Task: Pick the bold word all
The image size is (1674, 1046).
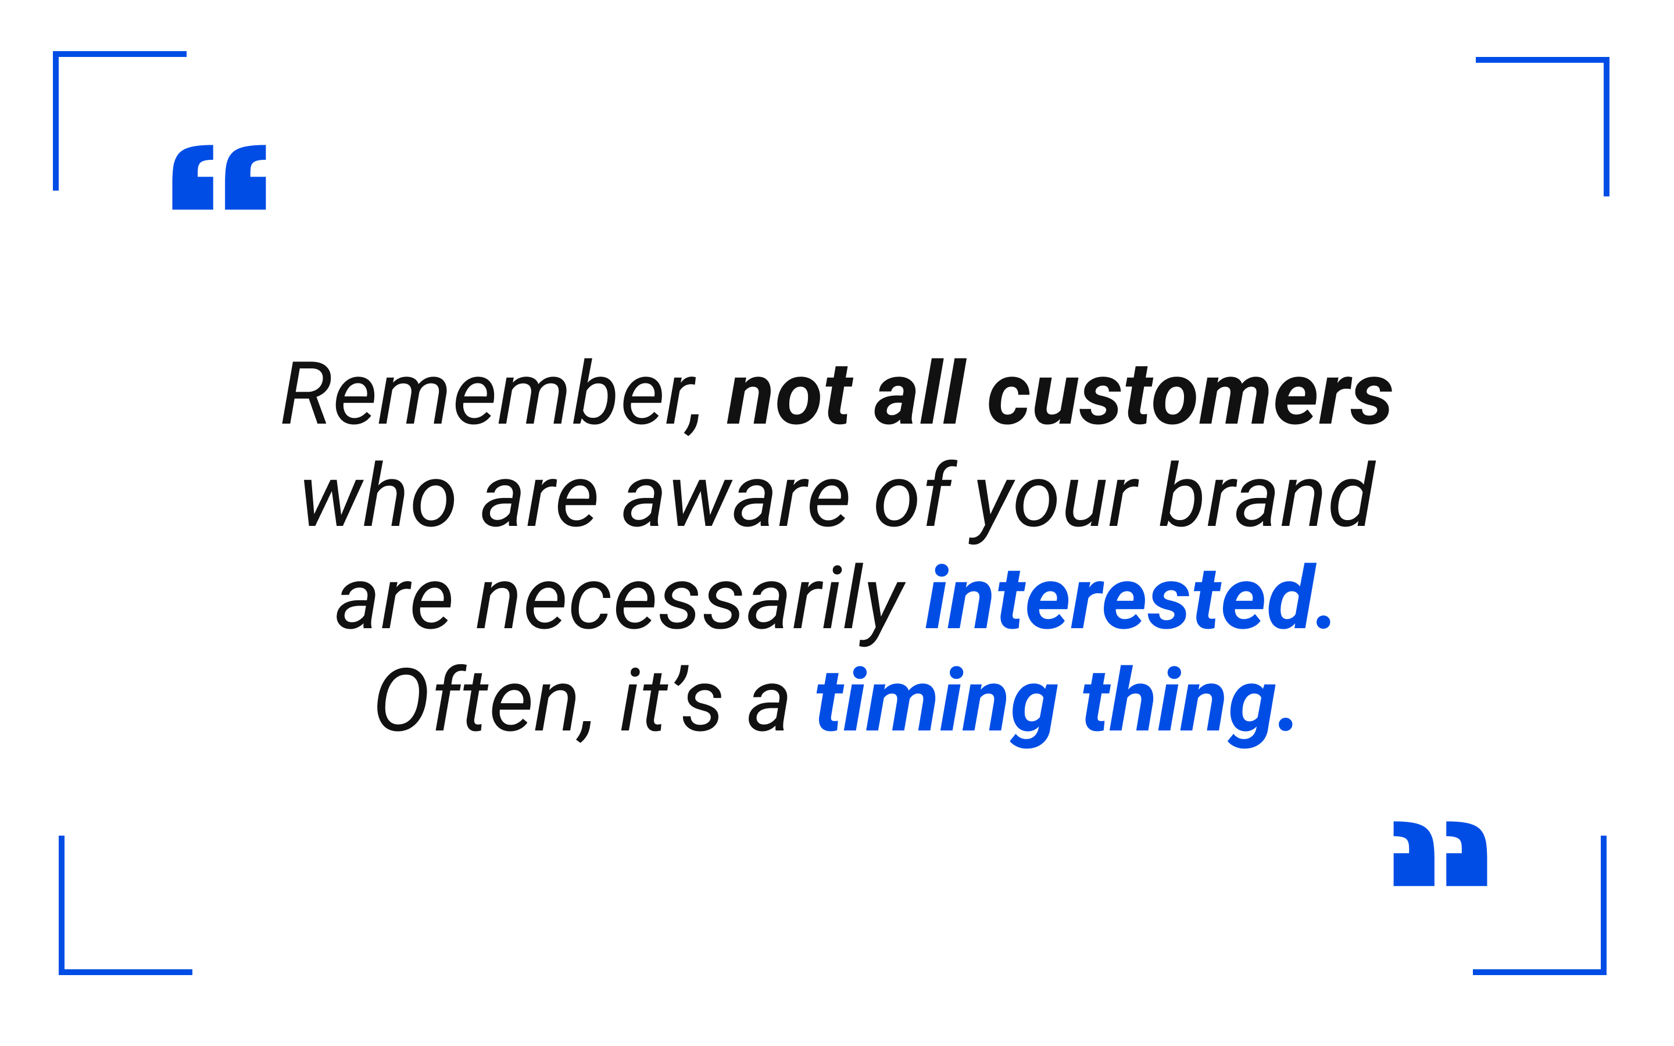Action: pos(920,391)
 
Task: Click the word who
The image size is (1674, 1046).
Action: pos(378,493)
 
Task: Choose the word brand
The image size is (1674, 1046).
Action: pos(1267,493)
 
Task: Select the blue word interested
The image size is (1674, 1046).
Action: pos(1128,596)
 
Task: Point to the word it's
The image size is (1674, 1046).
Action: pos(671,698)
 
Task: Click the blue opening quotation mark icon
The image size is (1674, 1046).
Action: pos(219,177)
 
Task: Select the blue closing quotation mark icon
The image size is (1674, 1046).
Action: pos(1440,854)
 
